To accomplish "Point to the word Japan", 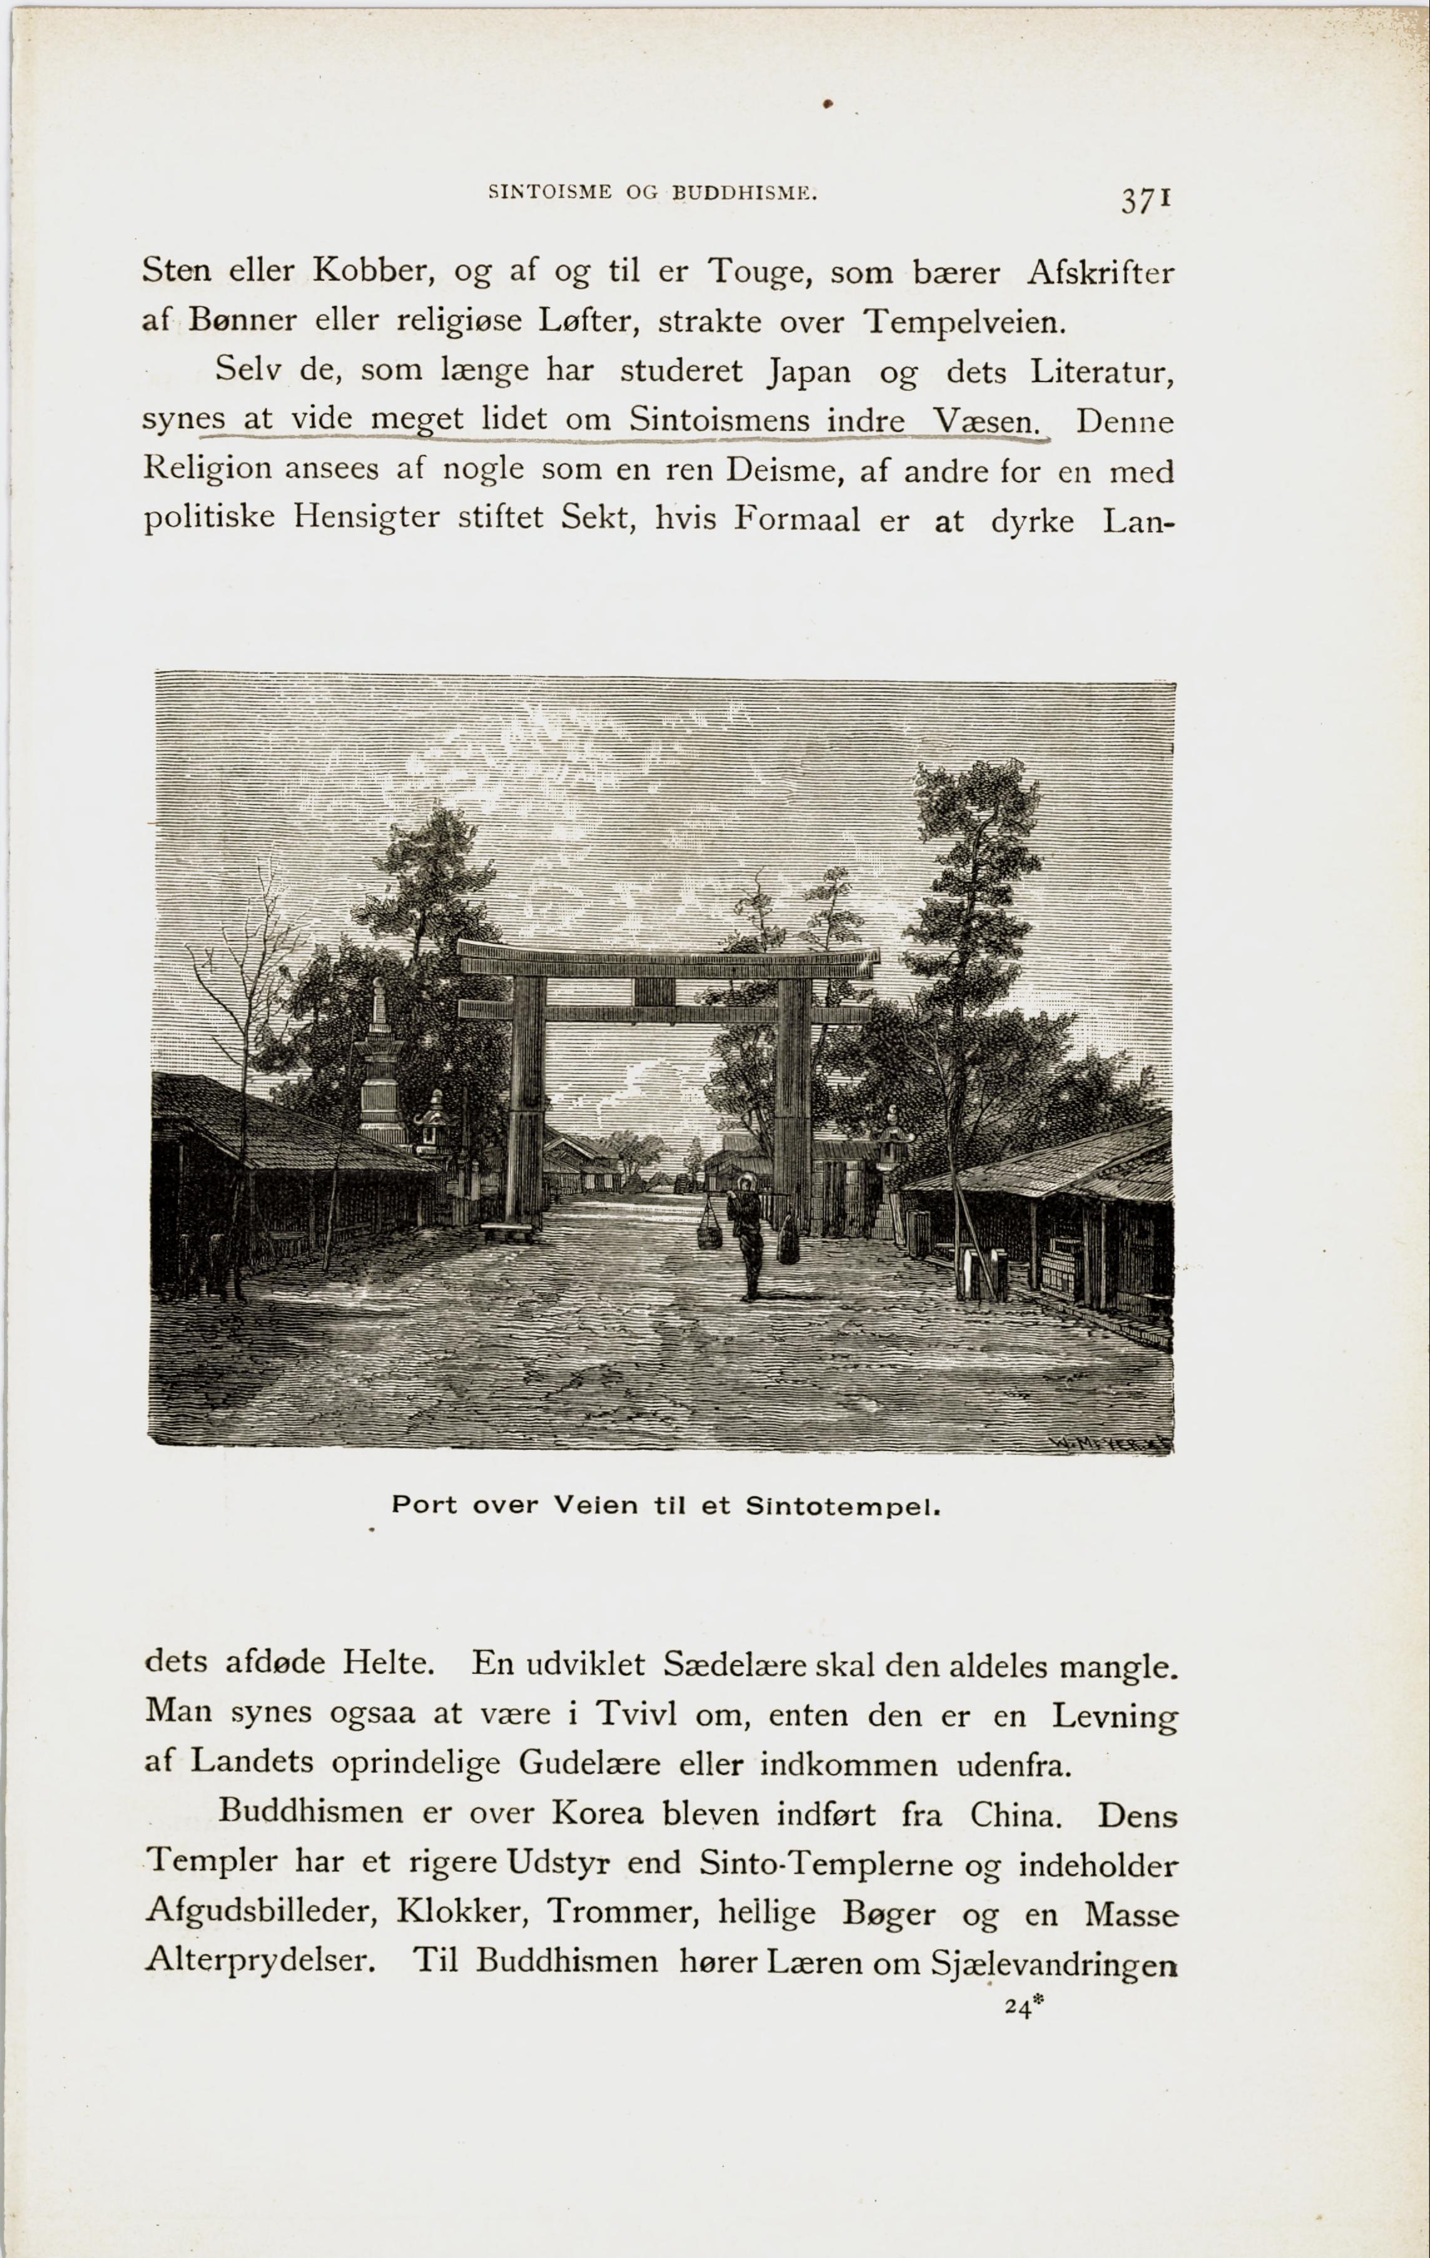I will (x=809, y=372).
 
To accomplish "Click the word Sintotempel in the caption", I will (x=842, y=1507).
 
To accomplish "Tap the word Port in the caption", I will (x=424, y=1505).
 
